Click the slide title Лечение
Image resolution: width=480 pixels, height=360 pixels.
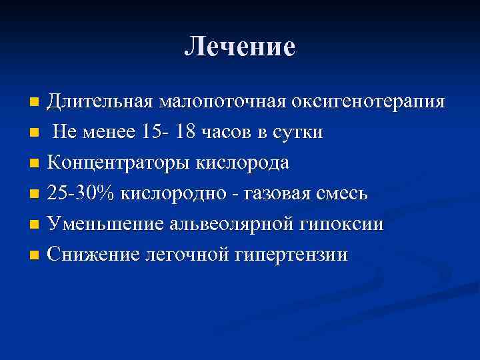coord(240,47)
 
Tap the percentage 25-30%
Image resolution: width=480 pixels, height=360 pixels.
coord(83,194)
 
